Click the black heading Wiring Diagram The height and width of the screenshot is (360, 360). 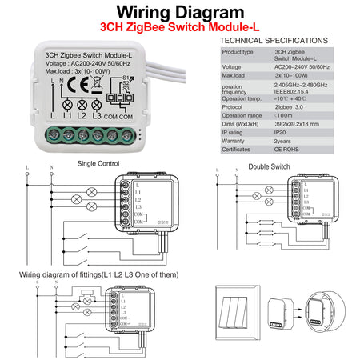click(179, 13)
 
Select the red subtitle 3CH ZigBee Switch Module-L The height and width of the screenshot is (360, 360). click(180, 28)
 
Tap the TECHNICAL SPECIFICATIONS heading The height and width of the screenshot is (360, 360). click(273, 39)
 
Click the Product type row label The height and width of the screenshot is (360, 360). click(238, 52)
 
